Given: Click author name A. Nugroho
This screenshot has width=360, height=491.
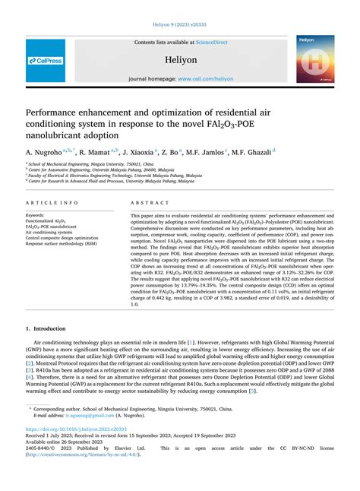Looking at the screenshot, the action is click(45, 152).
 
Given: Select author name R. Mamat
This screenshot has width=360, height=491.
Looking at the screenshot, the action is click(97, 152).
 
